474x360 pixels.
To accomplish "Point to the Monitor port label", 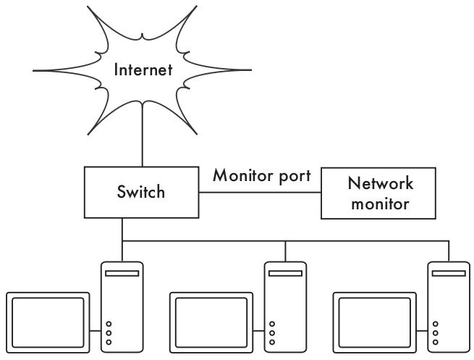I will pyautogui.click(x=262, y=175).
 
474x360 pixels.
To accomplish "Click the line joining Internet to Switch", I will pyautogui.click(x=143, y=138).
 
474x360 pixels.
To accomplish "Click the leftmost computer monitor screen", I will pyautogui.click(x=48, y=321).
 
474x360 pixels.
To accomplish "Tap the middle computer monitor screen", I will pyautogui.click(x=211, y=321).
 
